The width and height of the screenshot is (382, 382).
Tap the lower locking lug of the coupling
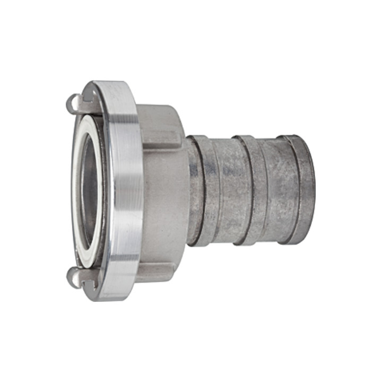[x=80, y=276]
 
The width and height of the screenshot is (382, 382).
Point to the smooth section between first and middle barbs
[x=228, y=191]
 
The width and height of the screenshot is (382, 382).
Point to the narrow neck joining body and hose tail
[x=190, y=191]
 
